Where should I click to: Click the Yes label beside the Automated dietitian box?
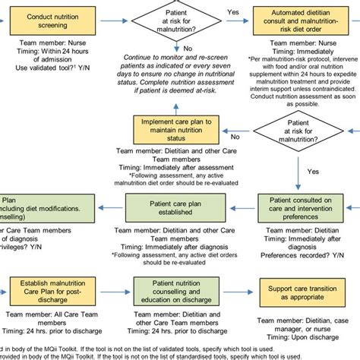(232, 13)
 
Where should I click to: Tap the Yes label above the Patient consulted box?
(311, 172)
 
